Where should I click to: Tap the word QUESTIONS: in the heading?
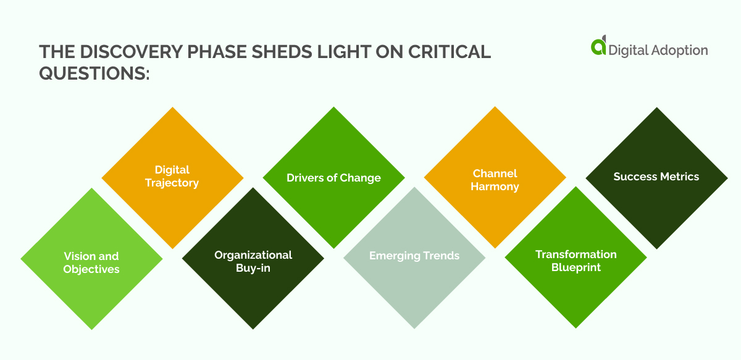point(94,73)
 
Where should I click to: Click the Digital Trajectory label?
point(172,176)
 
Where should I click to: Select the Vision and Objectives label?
point(91,262)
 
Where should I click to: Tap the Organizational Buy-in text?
point(253,261)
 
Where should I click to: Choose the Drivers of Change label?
point(333,178)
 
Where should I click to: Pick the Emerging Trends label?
point(414,256)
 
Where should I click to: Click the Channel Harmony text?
point(495,180)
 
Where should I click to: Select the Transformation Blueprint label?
point(576,261)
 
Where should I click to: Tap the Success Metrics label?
point(656,177)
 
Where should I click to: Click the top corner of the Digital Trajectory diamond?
point(172,107)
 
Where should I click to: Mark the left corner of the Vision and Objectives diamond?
point(21,259)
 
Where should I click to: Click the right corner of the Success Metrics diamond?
point(727,178)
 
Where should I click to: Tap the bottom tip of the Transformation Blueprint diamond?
point(576,328)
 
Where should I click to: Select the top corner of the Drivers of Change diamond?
point(333,107)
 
